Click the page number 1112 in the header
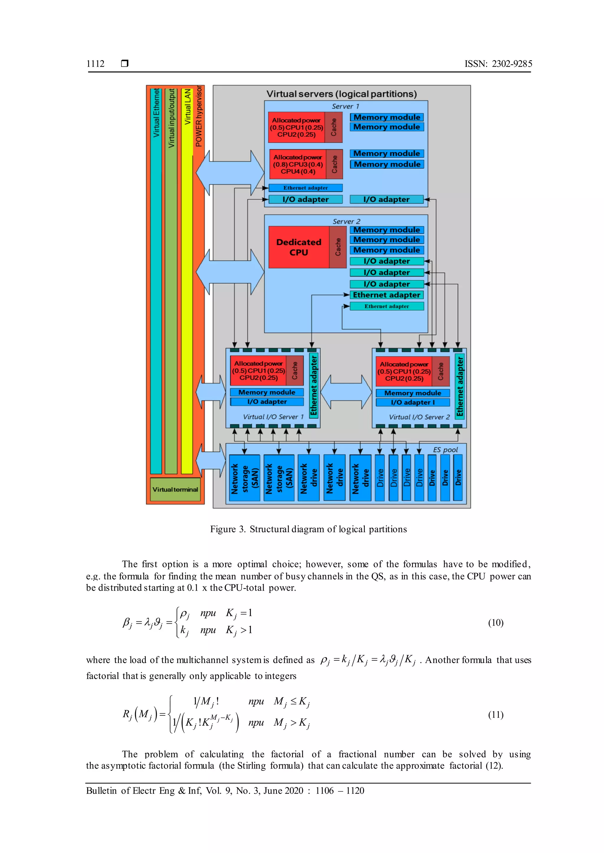click(x=95, y=64)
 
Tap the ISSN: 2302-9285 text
click(x=498, y=64)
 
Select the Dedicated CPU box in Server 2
click(x=299, y=247)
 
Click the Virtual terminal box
click(x=175, y=489)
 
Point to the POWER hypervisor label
click(x=199, y=116)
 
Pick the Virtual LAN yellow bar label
click(x=188, y=107)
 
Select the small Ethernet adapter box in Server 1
click(x=305, y=188)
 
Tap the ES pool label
click(x=445, y=449)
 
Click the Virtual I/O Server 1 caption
click(x=273, y=417)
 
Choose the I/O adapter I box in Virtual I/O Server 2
click(x=413, y=402)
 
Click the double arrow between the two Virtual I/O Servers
click(x=346, y=392)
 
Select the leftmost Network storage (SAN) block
click(x=244, y=478)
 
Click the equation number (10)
click(x=495, y=622)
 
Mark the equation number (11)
click(x=495, y=715)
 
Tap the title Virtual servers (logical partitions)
click(x=342, y=94)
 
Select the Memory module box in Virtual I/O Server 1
click(x=267, y=392)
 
